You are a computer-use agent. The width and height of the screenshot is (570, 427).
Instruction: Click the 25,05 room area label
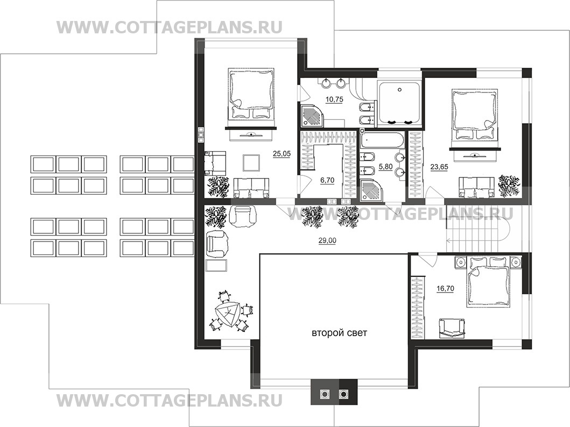[x=282, y=154]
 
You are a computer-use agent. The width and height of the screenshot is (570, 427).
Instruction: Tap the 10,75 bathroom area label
[x=334, y=99]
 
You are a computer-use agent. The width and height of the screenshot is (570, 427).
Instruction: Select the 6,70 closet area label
[x=327, y=180]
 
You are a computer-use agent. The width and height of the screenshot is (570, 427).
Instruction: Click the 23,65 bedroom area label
[x=439, y=167]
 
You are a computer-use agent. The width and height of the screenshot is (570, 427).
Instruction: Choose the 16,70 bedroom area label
[x=445, y=289]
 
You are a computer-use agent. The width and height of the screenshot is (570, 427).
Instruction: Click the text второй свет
[x=339, y=333]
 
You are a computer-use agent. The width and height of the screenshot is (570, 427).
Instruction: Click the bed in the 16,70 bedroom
[x=488, y=281]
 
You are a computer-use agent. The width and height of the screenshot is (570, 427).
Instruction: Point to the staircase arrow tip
[x=447, y=240]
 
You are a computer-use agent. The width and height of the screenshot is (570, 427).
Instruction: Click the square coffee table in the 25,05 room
[x=251, y=162]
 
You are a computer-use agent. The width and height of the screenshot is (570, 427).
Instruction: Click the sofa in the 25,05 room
[x=251, y=188]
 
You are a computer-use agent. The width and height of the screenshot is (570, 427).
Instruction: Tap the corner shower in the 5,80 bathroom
[x=371, y=190]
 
